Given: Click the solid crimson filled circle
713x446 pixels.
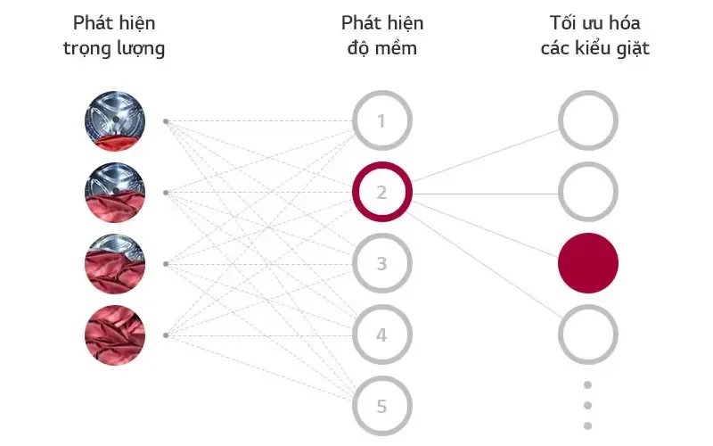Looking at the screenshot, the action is coord(588,263).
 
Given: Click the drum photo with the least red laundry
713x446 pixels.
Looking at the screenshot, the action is coord(115,121).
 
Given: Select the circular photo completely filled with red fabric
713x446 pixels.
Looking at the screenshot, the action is coord(115,335).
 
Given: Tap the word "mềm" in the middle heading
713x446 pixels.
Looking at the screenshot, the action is coord(396,47).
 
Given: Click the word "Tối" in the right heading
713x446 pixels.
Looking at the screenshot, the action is coord(563,23).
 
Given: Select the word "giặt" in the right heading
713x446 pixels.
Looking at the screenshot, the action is coord(633,48).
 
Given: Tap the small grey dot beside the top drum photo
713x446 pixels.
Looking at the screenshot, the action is coord(166,121).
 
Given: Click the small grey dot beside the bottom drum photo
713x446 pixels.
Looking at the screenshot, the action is coord(166,335).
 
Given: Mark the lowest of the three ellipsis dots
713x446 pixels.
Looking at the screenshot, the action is coord(587,426).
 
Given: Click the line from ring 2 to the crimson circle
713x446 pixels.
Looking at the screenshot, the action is coord(484,229).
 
